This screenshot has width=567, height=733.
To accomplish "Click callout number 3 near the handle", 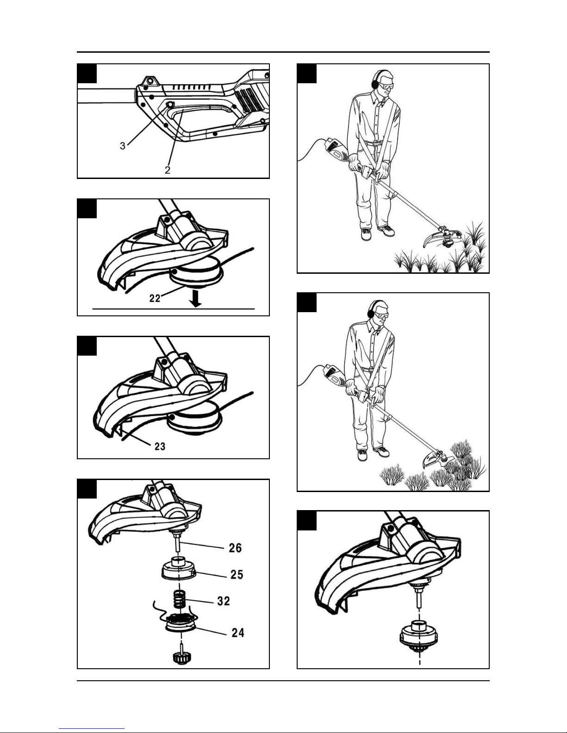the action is pos(123,146).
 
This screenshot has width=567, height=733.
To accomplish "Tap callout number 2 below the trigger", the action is pos(168,170).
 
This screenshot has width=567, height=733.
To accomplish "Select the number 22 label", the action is pos(155,298).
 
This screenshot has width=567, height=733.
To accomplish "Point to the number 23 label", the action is pos(160,447).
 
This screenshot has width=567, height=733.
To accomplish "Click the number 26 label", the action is pos(235,548).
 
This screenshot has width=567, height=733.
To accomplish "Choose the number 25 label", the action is pos(237,574).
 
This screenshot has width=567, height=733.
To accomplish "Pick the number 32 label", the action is pos(224,601).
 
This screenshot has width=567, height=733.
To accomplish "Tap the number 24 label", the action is pos(238,633).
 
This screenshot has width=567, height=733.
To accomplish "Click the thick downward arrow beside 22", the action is pos(195,299).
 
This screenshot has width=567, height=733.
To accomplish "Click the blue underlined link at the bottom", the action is pos(92,729).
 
